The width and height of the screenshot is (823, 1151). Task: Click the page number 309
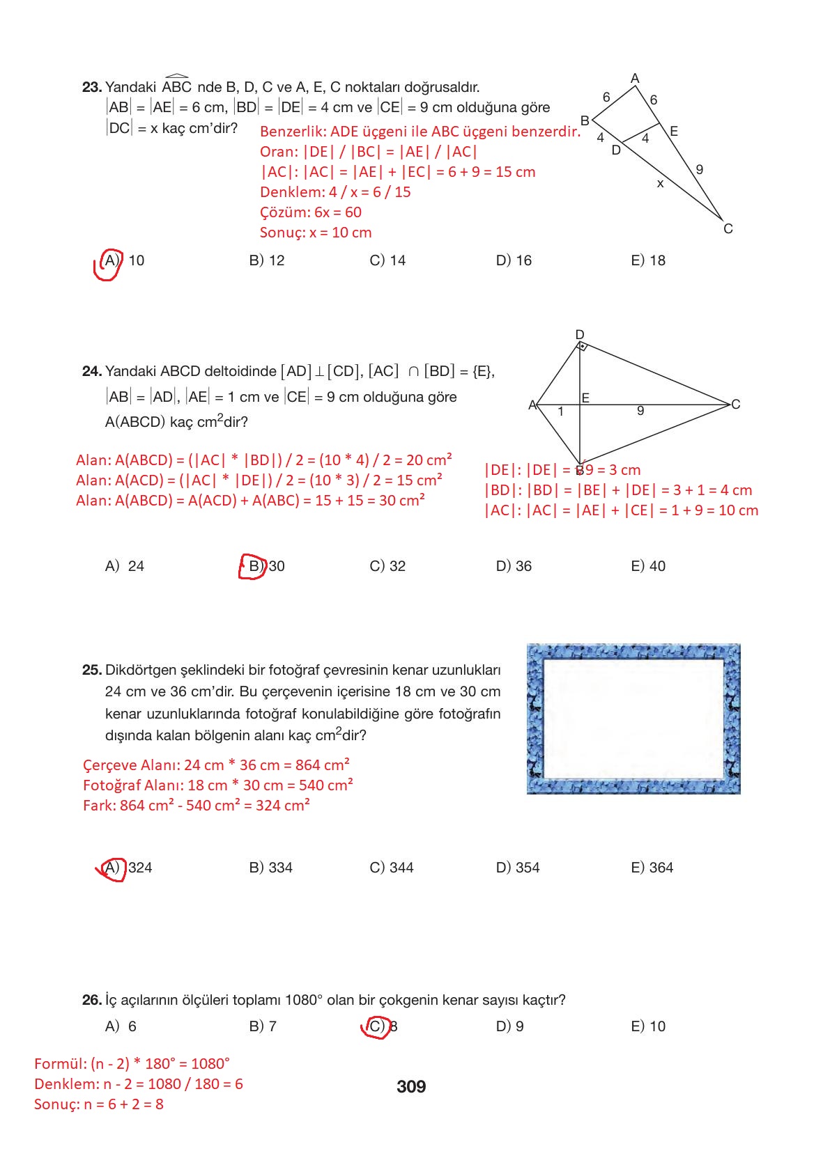(x=410, y=1086)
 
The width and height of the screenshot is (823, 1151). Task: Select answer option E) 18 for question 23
(x=647, y=260)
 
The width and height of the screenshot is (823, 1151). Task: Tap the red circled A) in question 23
(x=110, y=261)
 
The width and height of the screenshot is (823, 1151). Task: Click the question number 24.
(x=91, y=371)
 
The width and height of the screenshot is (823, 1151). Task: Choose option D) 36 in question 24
(x=514, y=566)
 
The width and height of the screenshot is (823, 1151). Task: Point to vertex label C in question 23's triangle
(x=728, y=228)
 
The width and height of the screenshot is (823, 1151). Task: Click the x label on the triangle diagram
(x=660, y=184)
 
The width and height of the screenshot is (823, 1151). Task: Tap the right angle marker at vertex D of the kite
(x=583, y=346)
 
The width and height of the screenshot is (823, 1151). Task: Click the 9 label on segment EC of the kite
(x=640, y=411)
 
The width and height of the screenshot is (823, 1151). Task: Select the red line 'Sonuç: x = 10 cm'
(x=316, y=233)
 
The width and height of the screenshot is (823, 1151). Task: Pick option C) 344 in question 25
(x=391, y=868)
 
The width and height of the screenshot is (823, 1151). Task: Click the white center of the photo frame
(x=633, y=717)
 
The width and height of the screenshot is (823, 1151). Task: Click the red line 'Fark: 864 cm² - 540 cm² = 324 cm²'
(x=196, y=805)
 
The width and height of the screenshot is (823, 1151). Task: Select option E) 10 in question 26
(x=647, y=1026)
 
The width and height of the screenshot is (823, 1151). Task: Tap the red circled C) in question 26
(x=376, y=1026)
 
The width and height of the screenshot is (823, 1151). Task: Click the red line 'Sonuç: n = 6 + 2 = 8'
(x=98, y=1104)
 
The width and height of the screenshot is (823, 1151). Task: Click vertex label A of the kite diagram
(x=532, y=405)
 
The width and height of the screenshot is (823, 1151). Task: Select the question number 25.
(x=91, y=670)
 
